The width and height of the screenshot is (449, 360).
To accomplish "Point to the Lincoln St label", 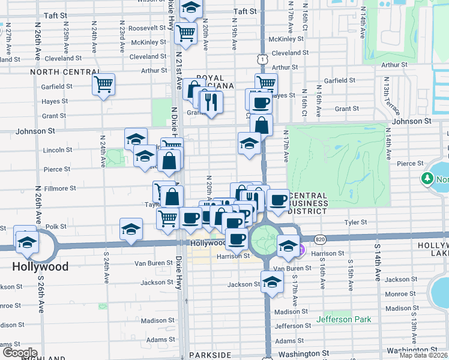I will (x=57, y=150).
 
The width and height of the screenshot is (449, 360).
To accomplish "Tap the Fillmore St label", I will (x=61, y=188).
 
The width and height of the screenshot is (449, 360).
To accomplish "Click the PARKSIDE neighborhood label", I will (x=210, y=355).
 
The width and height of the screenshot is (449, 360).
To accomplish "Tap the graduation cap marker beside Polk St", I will (x=131, y=229).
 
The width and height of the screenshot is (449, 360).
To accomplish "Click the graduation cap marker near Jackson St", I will (x=272, y=282).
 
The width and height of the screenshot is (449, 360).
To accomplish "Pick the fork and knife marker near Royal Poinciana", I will (x=211, y=101).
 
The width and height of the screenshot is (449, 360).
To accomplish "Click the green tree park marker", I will (x=427, y=179).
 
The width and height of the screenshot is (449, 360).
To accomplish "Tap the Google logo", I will (x=20, y=353).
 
